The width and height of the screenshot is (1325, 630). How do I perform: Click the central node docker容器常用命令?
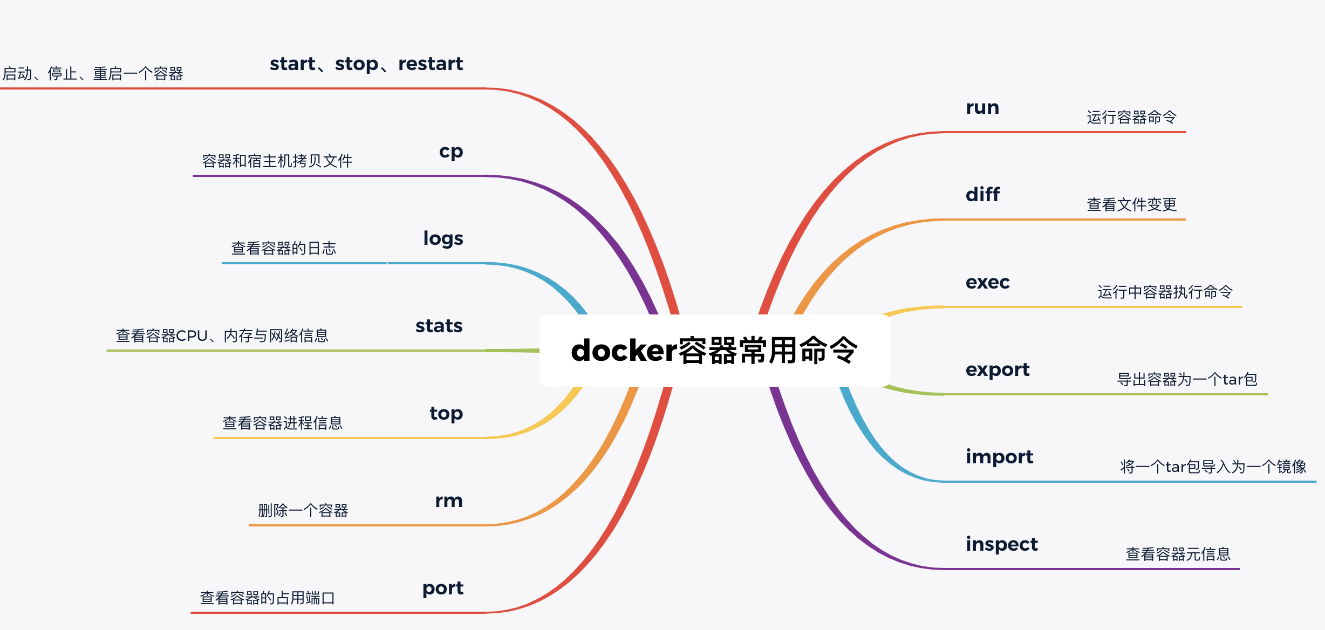[714, 351]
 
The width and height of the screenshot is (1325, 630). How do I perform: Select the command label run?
[982, 108]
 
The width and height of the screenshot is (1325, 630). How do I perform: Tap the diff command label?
[982, 195]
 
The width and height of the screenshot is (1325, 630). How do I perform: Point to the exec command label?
[987, 282]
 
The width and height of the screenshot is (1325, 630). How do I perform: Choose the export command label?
[998, 370]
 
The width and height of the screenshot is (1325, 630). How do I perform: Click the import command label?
[999, 457]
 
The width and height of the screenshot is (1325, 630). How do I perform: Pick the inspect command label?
[1001, 544]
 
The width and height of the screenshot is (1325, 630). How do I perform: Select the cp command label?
[451, 152]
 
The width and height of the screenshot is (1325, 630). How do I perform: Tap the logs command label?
[443, 239]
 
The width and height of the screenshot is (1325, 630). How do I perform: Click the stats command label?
[439, 326]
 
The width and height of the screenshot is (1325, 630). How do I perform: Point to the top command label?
[446, 414]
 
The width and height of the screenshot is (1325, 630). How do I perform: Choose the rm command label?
[449, 501]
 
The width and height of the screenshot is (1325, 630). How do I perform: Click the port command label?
[442, 588]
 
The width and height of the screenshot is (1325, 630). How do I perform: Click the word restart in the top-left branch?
[431, 64]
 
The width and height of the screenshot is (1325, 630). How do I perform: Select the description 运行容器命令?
[1131, 118]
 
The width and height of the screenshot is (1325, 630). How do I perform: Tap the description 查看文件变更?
[1131, 205]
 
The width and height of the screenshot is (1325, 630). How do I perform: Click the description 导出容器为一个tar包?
[1187, 380]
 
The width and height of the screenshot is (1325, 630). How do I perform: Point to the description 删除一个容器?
[303, 510]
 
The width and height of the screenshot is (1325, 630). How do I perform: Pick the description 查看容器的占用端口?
[268, 598]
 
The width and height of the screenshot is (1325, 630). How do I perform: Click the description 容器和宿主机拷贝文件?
[277, 161]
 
